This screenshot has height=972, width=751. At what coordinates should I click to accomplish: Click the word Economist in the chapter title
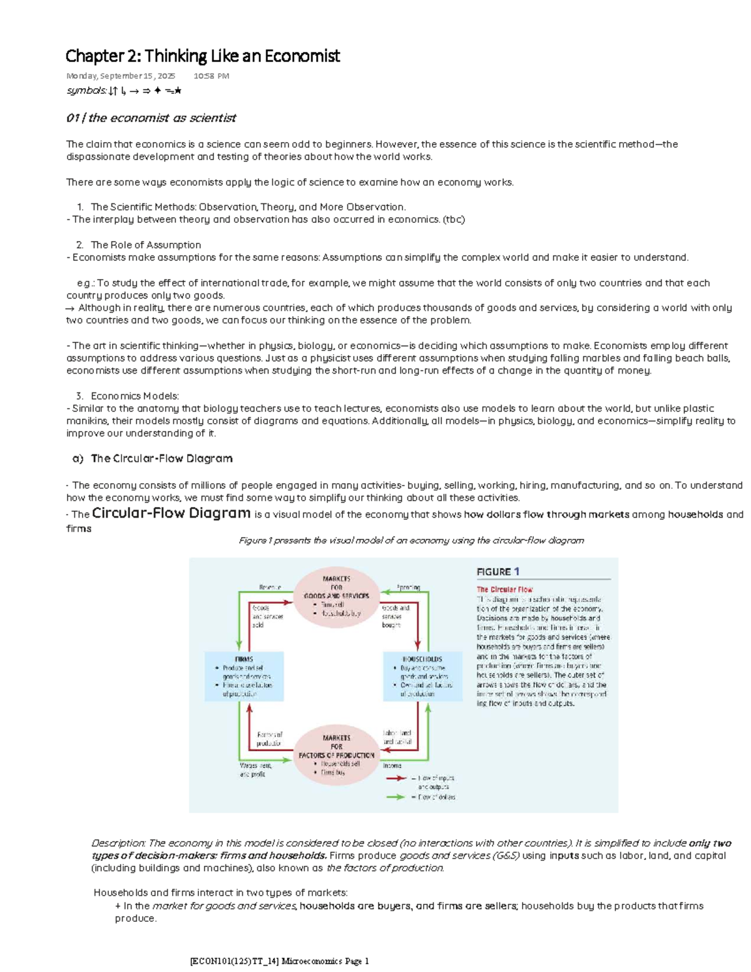(x=302, y=56)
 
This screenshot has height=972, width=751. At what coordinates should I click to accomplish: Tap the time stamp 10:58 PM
(x=211, y=76)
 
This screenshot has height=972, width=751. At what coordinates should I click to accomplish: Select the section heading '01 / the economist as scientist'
(x=151, y=118)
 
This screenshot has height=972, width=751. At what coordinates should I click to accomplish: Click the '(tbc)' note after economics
(x=454, y=219)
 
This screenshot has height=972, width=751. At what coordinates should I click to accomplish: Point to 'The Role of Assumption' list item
(x=146, y=245)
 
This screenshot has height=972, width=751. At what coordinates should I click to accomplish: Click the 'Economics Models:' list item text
(x=135, y=396)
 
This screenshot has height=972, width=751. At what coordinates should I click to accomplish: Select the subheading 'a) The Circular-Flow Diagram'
(x=152, y=458)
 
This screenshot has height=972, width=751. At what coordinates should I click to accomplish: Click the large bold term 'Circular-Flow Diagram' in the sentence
(x=171, y=513)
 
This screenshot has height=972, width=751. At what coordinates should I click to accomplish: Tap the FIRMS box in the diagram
(x=244, y=677)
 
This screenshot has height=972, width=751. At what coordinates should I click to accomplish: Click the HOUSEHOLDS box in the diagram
(x=422, y=677)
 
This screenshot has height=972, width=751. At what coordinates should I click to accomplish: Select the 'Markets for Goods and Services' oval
(x=337, y=596)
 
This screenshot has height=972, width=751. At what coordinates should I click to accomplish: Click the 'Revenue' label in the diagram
(x=270, y=587)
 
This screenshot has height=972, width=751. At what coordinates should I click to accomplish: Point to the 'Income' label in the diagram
(x=392, y=765)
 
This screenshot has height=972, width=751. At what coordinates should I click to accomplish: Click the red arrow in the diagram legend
(x=396, y=778)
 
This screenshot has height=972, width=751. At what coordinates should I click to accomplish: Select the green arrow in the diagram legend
(x=396, y=797)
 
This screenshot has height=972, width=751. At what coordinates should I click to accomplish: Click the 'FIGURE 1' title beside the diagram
(x=498, y=571)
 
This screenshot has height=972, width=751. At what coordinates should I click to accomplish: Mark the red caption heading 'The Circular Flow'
(x=504, y=589)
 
